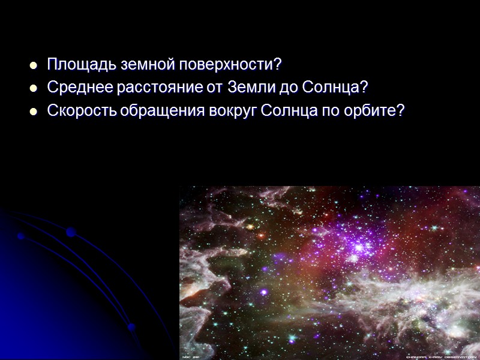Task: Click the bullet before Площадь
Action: coord(34,64)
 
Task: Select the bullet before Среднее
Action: coord(34,88)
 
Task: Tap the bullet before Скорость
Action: coord(34,112)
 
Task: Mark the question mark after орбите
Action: coord(401,112)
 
